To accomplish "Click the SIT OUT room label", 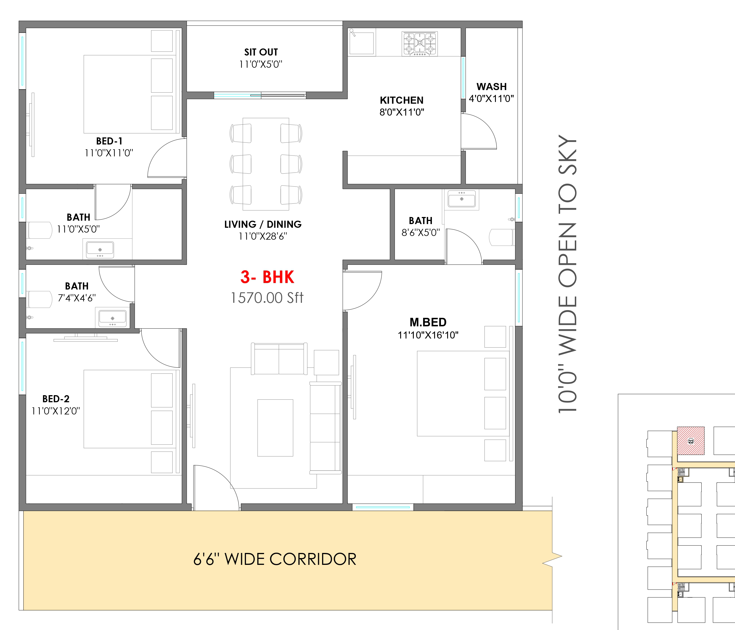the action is (261, 52).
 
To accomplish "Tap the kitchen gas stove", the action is (420, 44).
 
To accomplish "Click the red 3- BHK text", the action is (267, 277).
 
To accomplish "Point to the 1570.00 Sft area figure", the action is (267, 298).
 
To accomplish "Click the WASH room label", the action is (491, 87).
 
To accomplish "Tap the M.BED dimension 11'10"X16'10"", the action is (428, 335).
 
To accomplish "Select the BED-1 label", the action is (109, 141).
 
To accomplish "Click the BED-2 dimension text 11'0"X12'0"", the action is (56, 411).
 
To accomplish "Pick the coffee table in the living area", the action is (275, 428).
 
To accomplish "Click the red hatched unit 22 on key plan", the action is (691, 441).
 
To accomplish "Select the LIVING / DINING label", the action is (263, 224).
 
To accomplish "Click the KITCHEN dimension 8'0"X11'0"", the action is (402, 112).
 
